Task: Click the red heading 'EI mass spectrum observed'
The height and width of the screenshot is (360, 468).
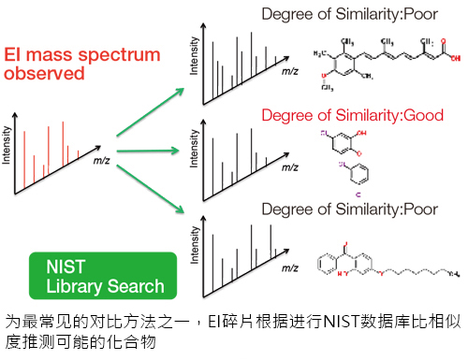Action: pyautogui.click(x=82, y=66)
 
